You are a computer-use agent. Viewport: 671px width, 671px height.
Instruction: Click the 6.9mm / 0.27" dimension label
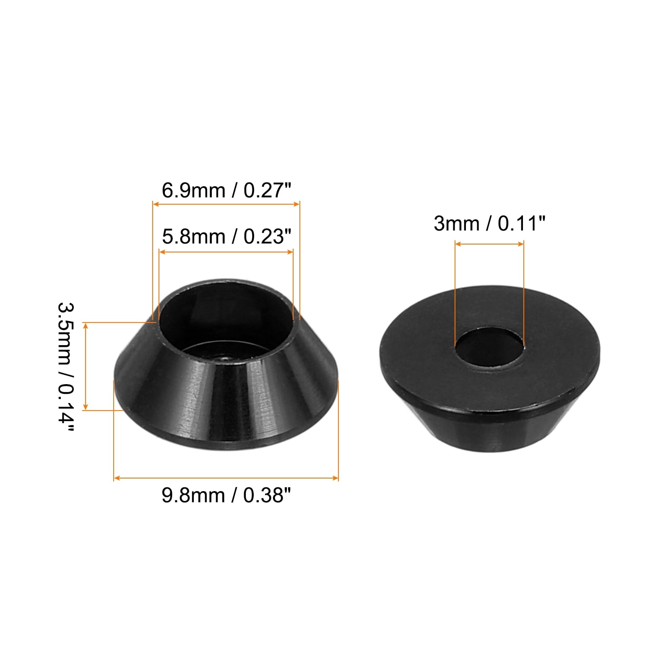pos(226,190)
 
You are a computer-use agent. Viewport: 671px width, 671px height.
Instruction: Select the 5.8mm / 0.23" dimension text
pos(226,237)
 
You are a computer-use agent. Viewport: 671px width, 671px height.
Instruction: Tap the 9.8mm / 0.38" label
pos(226,495)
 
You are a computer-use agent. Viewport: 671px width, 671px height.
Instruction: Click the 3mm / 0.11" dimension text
pos(489,224)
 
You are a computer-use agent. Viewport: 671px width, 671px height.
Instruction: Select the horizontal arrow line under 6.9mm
pos(226,204)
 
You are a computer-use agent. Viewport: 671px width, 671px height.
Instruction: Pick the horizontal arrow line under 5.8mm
pos(226,252)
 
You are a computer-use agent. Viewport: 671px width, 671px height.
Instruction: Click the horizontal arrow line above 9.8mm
pos(226,478)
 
